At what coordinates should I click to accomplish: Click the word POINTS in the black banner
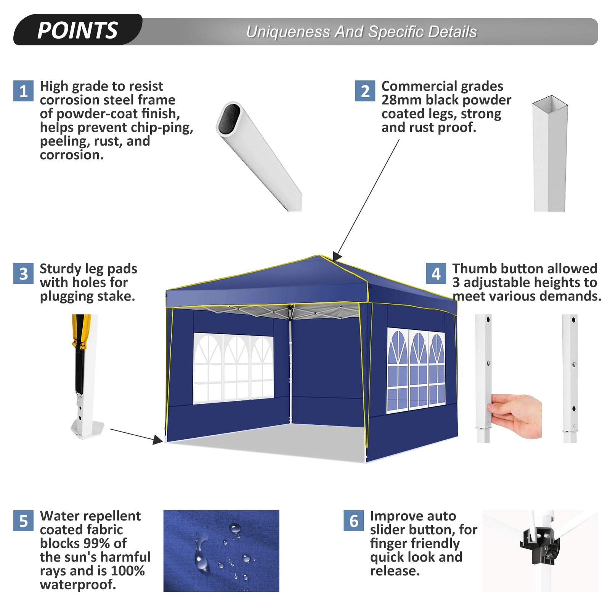[77, 30]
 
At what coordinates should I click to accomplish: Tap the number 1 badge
[23, 91]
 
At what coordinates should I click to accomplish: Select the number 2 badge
[365, 91]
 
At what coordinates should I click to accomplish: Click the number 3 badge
[23, 273]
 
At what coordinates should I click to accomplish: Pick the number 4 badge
[436, 273]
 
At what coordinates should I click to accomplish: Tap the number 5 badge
[23, 521]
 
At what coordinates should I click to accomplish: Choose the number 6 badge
[353, 521]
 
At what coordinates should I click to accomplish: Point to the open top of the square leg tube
[550, 103]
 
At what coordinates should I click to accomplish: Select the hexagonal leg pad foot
[88, 429]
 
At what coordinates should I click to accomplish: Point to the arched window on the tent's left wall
[233, 368]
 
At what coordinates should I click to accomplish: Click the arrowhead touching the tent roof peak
[337, 256]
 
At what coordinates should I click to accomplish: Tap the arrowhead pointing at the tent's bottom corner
[158, 440]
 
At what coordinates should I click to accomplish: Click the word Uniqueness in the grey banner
[288, 32]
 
